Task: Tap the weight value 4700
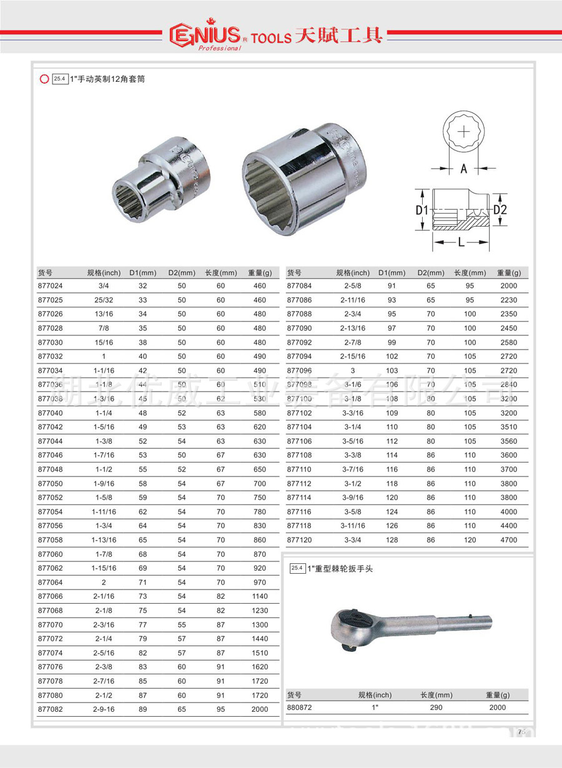click(509, 540)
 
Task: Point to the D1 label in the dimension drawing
click(422, 210)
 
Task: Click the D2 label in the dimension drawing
click(500, 210)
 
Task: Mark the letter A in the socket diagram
click(463, 169)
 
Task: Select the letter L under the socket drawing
click(461, 242)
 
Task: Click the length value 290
click(436, 707)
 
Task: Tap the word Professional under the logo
click(219, 48)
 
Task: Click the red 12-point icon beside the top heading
click(44, 79)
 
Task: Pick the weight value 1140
click(259, 596)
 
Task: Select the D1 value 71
click(143, 583)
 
